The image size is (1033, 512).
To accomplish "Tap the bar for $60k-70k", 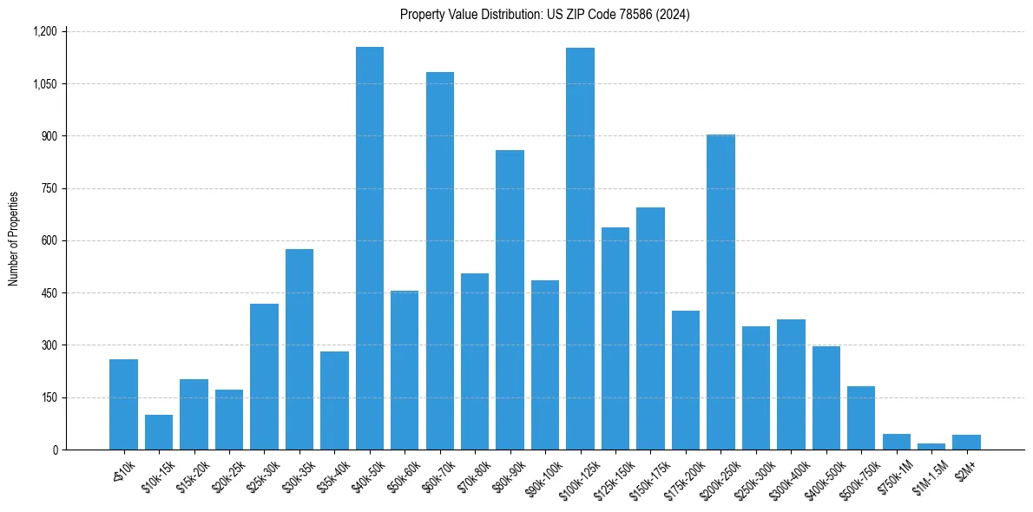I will [x=439, y=260].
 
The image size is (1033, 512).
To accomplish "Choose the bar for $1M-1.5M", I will [x=931, y=446].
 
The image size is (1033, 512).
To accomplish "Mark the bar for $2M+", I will [x=966, y=443].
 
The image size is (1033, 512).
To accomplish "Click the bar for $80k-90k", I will [x=510, y=299].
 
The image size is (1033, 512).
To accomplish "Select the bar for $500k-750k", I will [x=861, y=418].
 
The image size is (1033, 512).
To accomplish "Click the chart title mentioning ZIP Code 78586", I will [x=544, y=15].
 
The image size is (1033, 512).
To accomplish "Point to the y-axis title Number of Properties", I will [x=14, y=239].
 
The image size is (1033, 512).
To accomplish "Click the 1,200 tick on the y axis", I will [x=44, y=31].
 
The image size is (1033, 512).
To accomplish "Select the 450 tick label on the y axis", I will [x=49, y=293].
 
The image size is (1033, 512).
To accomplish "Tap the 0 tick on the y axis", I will [x=55, y=450].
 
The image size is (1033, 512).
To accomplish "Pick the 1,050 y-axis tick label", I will [x=44, y=84].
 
